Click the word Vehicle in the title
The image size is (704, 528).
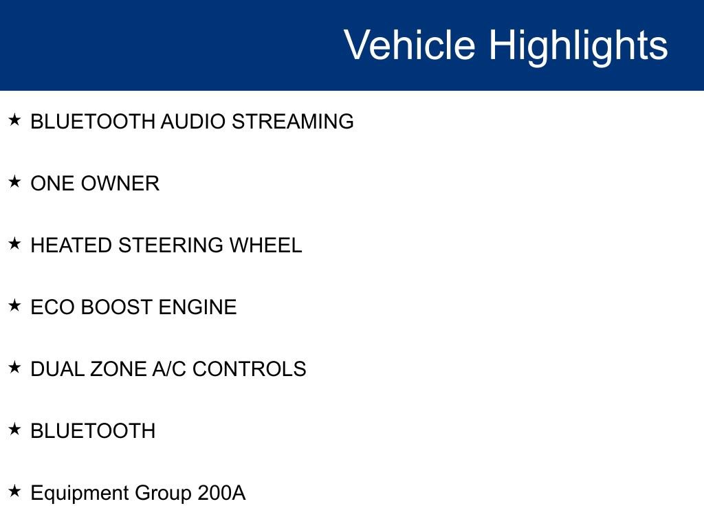(409, 45)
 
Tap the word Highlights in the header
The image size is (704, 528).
(578, 45)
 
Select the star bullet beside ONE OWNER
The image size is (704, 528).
(14, 182)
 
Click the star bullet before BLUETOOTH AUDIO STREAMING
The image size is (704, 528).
(14, 120)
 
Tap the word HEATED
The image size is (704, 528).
(71, 245)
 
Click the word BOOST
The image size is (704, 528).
(117, 307)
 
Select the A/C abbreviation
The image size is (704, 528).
(168, 369)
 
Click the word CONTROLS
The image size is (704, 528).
(249, 369)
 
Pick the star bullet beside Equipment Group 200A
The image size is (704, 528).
(14, 492)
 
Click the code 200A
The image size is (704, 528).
(221, 493)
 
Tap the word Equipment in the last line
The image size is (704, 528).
(80, 494)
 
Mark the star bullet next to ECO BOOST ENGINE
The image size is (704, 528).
(14, 306)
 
